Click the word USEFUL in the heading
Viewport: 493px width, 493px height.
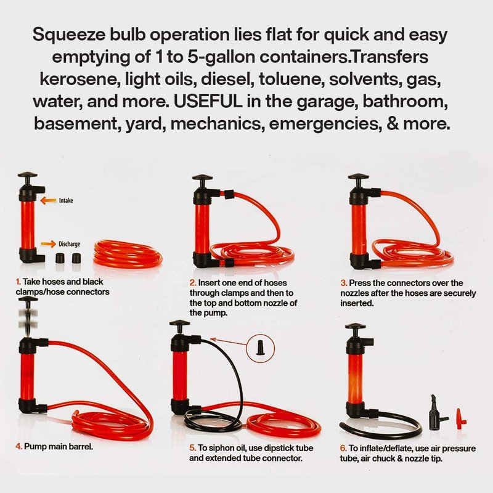tap(208, 101)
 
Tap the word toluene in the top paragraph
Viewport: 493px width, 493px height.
tap(291, 79)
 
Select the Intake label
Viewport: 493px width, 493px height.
tap(66, 200)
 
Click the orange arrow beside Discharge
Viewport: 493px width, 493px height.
tap(49, 243)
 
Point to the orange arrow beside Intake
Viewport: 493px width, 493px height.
tap(49, 200)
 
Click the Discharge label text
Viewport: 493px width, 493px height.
tap(70, 244)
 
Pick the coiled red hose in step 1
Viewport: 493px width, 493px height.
tap(128, 254)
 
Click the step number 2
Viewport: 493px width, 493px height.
tap(193, 283)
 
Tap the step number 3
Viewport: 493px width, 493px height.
tap(344, 283)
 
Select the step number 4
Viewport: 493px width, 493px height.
tap(19, 446)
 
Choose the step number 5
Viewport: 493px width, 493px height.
tap(193, 448)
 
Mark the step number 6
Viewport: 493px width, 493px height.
tap(343, 448)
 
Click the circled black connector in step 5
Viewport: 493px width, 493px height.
tap(260, 348)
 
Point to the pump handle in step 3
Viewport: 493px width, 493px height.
tap(358, 180)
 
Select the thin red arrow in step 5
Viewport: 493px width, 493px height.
tap(229, 342)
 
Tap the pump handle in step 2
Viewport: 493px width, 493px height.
tap(203, 181)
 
